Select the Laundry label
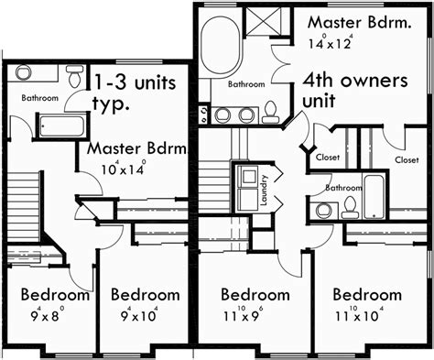264,190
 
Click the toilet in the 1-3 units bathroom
74,76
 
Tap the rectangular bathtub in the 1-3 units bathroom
61,126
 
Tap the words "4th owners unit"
355,91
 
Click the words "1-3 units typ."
134,93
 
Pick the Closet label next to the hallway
328,158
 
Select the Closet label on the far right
407,159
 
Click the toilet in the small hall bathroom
350,207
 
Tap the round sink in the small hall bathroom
324,210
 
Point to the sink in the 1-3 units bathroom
24,72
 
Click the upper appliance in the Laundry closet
248,177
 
